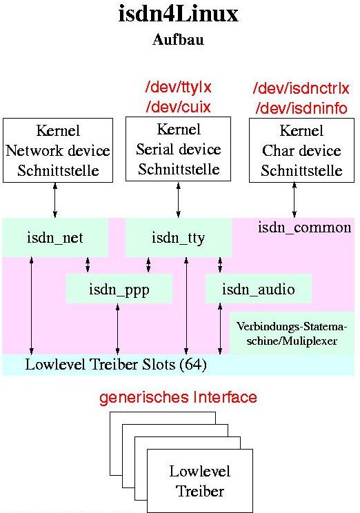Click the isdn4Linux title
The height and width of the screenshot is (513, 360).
coord(179,14)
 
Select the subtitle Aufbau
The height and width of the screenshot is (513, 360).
coord(179,39)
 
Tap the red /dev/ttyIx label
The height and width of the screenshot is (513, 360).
coord(179,87)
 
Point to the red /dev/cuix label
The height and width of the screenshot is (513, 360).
coord(179,107)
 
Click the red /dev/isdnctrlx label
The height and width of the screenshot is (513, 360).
coord(301,88)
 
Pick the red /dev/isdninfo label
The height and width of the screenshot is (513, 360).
coord(301,108)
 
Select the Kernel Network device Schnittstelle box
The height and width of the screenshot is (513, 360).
coord(58,150)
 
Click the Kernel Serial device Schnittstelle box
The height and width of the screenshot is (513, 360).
coord(179,149)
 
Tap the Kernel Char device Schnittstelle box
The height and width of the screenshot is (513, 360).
coord(302,150)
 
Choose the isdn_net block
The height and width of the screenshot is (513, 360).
coord(55,237)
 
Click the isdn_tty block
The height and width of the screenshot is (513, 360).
coord(179,237)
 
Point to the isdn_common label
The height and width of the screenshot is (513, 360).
coord(304,228)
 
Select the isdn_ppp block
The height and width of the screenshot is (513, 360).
coord(119,289)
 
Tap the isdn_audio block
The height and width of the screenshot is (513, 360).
coord(258,289)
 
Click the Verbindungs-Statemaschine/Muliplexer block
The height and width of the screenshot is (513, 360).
coord(292,333)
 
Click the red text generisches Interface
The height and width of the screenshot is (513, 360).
coord(178,397)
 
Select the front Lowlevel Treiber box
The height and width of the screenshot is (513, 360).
coord(200,481)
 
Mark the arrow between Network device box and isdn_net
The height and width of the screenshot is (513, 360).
coord(55,200)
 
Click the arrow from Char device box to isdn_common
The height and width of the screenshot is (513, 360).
coord(294,200)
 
